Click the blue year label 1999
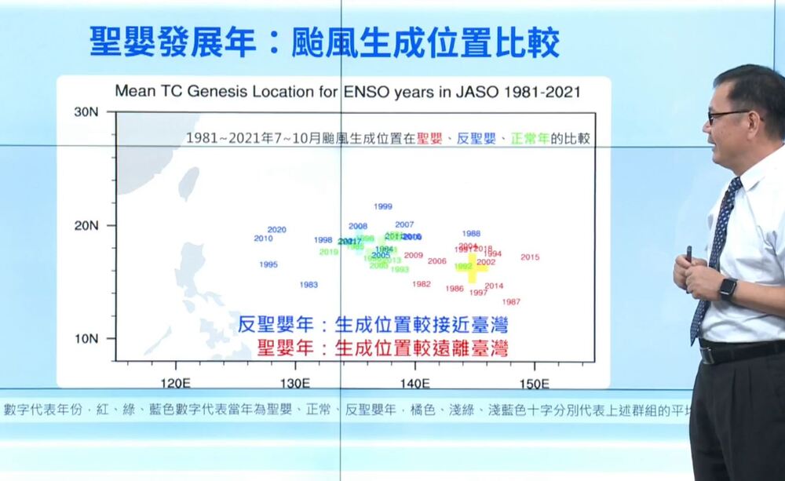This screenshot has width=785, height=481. [x=383, y=206]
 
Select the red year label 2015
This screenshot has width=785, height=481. [x=530, y=257]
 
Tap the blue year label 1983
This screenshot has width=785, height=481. [x=309, y=284]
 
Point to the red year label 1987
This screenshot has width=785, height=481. [x=511, y=301]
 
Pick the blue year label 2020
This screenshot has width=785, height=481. [x=277, y=230]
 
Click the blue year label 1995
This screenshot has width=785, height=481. [x=268, y=264]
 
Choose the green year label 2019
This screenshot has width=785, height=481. [x=329, y=252]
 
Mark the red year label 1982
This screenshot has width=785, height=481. [x=422, y=284]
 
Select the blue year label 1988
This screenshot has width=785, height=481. [x=471, y=233]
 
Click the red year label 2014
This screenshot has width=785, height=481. [x=494, y=286]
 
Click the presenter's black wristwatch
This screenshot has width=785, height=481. [x=728, y=288]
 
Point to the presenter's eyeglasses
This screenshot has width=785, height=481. [x=725, y=116]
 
